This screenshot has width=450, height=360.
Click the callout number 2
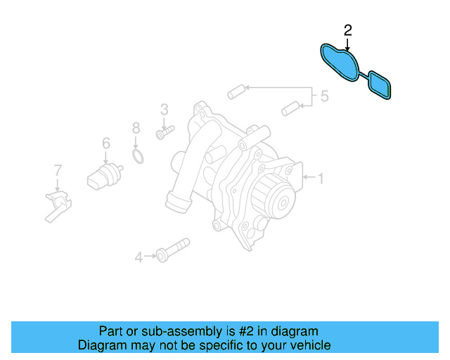pyautogui.click(x=347, y=30)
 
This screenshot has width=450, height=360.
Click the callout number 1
pyautogui.click(x=321, y=179)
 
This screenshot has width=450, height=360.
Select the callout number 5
pyautogui.click(x=324, y=96)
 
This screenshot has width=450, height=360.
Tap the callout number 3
pyautogui.click(x=164, y=109)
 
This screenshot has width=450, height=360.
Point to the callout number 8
pyautogui.click(x=136, y=128)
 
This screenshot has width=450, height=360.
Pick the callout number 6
pyautogui.click(x=105, y=143)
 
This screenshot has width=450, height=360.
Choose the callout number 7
pyautogui.click(x=58, y=169)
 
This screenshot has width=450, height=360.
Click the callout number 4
pyautogui.click(x=139, y=258)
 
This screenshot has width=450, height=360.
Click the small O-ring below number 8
pyautogui.click(x=139, y=155)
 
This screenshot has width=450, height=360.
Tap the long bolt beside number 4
pyautogui.click(x=172, y=249)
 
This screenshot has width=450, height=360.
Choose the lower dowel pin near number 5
pyautogui.click(x=289, y=109)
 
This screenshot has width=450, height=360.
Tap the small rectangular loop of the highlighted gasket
pyautogui.click(x=380, y=83)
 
